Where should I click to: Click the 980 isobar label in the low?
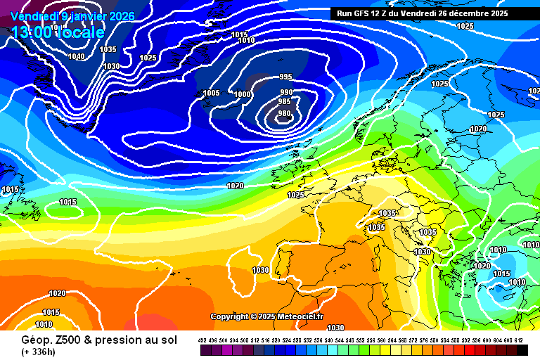[x=284, y=114]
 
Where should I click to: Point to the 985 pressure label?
[x=284, y=101]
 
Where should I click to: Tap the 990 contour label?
[x=286, y=92]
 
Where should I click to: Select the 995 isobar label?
[x=285, y=77]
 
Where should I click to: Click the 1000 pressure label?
[x=243, y=94]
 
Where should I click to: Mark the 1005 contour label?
[x=211, y=93]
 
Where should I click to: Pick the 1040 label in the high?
[x=77, y=56]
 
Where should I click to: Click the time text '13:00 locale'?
[x=58, y=32]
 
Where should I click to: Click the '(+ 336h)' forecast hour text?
[x=39, y=352]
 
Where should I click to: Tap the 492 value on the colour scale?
[x=202, y=340]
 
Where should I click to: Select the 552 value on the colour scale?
[x=361, y=340]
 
